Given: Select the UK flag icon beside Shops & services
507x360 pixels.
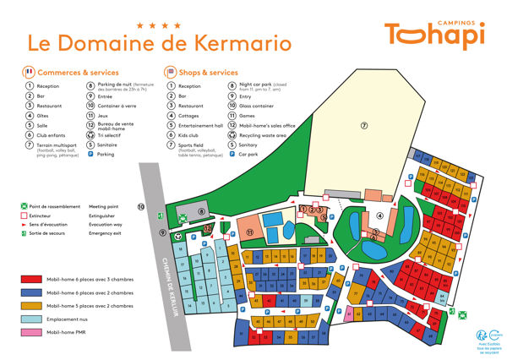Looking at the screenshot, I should click(169, 73).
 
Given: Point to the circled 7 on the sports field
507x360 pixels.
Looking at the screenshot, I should click(364, 126).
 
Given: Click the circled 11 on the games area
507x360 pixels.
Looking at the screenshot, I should click(249, 231).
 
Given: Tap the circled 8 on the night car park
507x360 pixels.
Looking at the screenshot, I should click(201, 211).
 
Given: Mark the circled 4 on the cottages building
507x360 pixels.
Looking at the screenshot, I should click(379, 215).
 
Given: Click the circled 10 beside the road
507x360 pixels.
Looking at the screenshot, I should click(141, 206).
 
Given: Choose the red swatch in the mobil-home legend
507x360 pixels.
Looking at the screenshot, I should click(32, 277).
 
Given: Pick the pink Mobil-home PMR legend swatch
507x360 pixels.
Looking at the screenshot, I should click(32, 333).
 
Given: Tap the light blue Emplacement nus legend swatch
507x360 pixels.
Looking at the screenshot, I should click(32, 319).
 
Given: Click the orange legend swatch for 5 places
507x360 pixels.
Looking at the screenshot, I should click(32, 305).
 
